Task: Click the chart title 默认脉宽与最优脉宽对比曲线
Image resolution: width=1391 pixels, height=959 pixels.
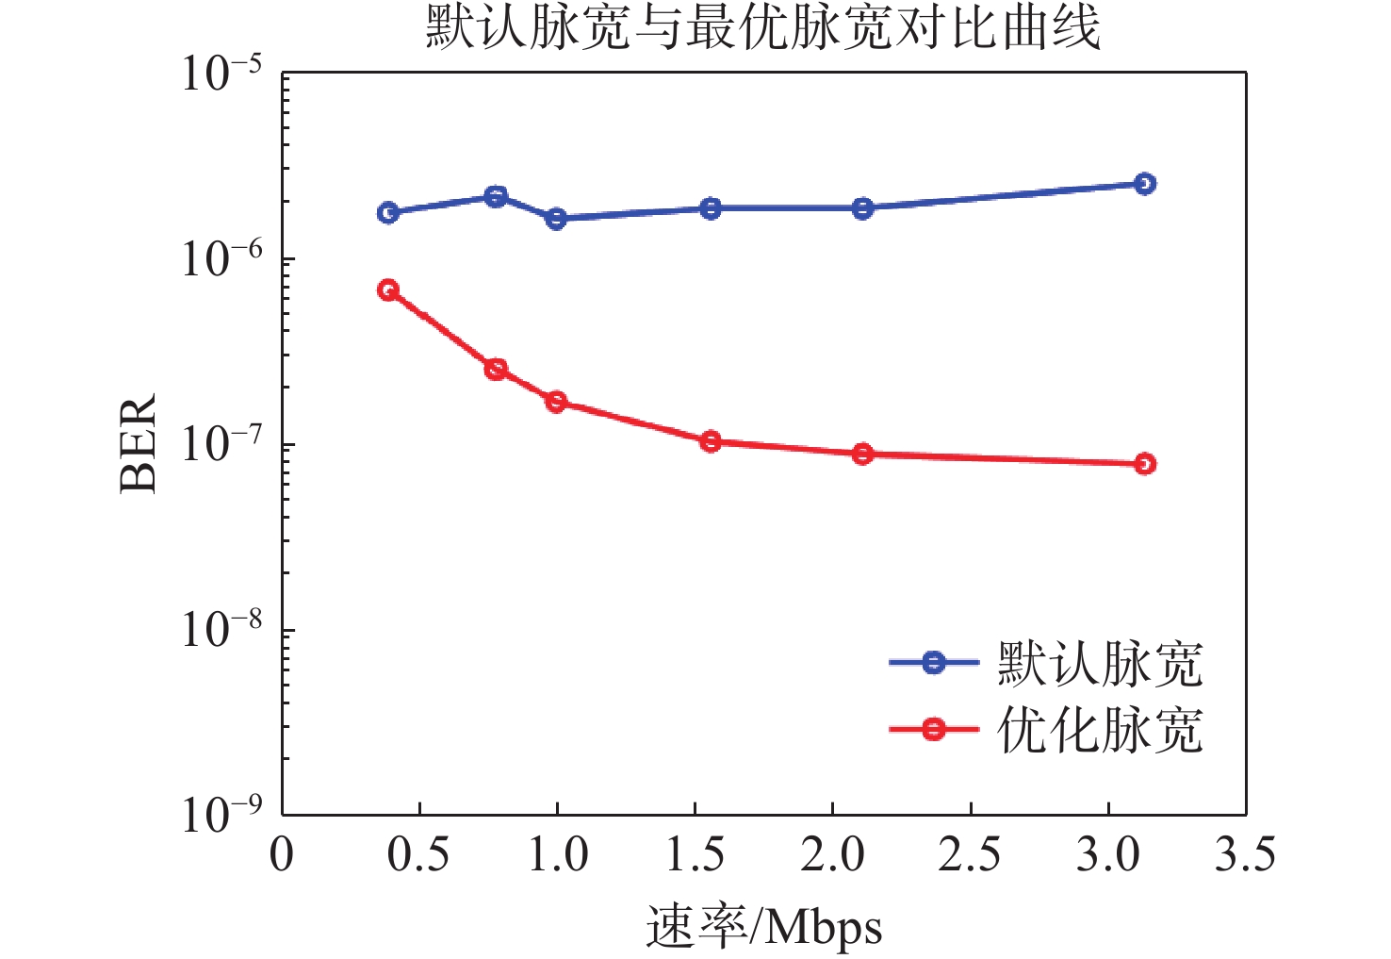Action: [x=763, y=28]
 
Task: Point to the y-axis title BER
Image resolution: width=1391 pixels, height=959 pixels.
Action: [x=138, y=444]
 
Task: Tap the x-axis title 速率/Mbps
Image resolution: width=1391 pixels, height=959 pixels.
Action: [x=763, y=927]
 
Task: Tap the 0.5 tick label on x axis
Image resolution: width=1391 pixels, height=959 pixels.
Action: [x=417, y=854]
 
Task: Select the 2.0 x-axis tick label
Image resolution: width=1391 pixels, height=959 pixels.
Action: [x=832, y=854]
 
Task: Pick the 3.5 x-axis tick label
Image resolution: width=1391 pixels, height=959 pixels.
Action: [x=1245, y=854]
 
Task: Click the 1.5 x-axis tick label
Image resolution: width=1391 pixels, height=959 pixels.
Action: [x=695, y=854]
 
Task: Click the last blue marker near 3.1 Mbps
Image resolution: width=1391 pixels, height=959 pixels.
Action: [x=1144, y=183]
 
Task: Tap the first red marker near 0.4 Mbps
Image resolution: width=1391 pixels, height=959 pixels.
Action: [x=388, y=289]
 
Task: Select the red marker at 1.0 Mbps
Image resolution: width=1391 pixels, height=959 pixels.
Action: [x=556, y=402]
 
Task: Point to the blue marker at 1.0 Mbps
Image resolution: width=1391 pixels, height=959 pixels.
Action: [x=556, y=218]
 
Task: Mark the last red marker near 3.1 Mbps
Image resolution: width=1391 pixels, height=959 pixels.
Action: [x=1144, y=464]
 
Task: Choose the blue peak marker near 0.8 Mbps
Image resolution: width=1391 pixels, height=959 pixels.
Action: [x=495, y=197]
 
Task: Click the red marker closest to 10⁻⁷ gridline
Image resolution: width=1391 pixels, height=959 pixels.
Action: [x=711, y=441]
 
